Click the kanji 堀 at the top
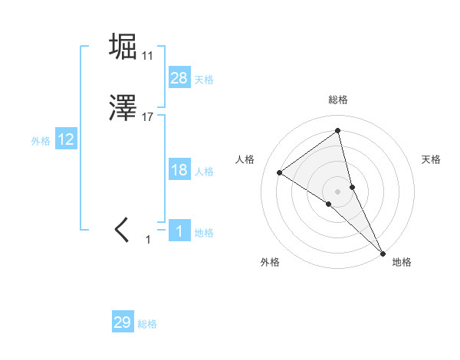click(x=123, y=46)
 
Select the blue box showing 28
click(x=179, y=78)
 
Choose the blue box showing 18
click(x=179, y=170)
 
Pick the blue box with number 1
click(x=179, y=231)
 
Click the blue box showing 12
click(x=66, y=139)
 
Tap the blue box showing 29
click(x=123, y=322)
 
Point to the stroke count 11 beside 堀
click(x=148, y=55)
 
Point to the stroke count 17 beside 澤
click(x=148, y=118)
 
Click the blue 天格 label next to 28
click(x=204, y=79)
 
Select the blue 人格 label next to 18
click(x=204, y=172)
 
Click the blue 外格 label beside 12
click(x=41, y=141)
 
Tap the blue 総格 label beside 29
click(x=148, y=324)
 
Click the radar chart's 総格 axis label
click(x=337, y=100)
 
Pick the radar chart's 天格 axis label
click(x=431, y=159)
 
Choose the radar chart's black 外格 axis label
click(x=269, y=262)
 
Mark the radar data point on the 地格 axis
click(x=383, y=252)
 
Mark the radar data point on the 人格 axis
click(x=280, y=172)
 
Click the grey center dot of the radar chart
click(x=337, y=191)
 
